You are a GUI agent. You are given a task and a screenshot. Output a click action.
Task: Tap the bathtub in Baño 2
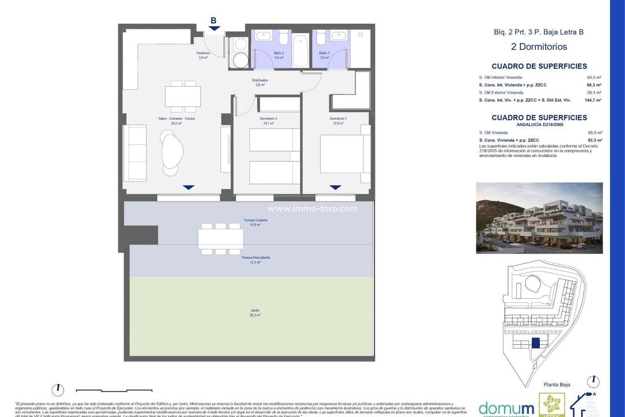click(300, 52)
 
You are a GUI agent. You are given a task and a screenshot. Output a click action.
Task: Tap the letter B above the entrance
click(214, 21)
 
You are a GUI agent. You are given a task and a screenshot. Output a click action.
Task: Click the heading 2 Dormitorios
click(538, 47)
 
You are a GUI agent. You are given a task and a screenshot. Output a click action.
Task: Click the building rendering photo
click(539, 218)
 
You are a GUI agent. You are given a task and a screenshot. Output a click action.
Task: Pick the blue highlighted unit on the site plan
click(535, 342)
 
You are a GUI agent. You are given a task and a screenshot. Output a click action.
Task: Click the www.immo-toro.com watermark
click(312, 209)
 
